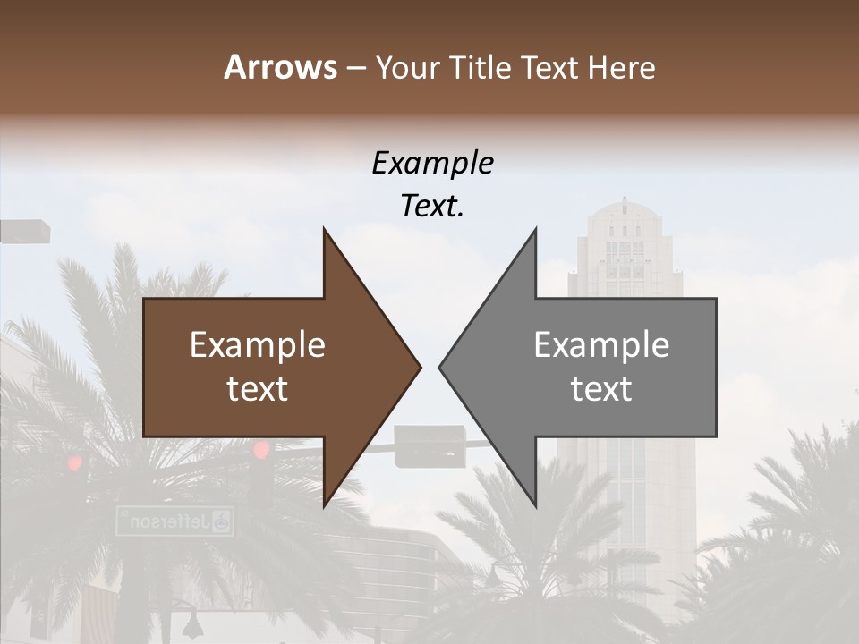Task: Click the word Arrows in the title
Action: point(281,67)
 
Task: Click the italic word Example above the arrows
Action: point(432,163)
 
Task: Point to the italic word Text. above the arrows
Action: point(432,206)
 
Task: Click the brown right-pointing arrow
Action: point(268,367)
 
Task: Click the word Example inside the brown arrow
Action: point(258,345)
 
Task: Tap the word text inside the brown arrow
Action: point(258,389)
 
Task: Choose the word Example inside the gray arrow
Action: point(601,345)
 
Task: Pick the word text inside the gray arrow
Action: point(601,389)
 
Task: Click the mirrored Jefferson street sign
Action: point(174,521)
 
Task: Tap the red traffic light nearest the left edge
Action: point(74,463)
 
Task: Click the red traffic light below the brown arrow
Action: point(261,450)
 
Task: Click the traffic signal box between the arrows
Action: point(429,446)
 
